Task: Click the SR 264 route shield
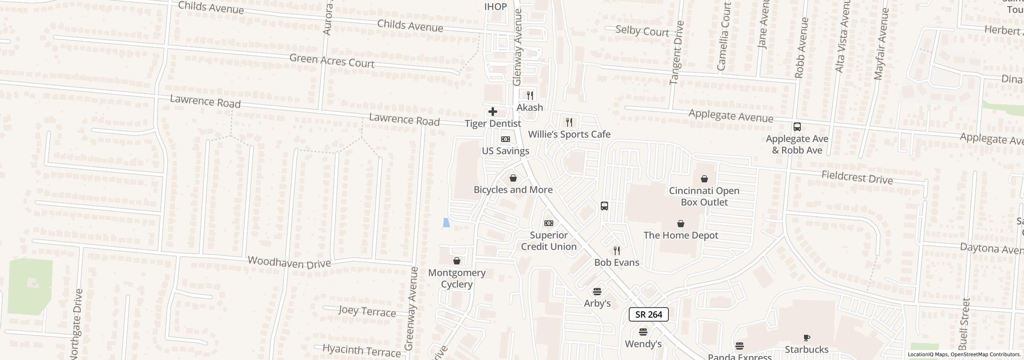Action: tap(648, 314)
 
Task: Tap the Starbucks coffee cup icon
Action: tap(807, 338)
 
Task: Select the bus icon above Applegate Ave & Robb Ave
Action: tap(797, 127)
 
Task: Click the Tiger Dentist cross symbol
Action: tap(492, 112)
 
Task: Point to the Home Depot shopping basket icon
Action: tap(680, 224)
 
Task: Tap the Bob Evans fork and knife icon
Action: tap(617, 251)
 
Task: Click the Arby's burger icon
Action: tap(597, 291)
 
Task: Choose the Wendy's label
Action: tap(643, 344)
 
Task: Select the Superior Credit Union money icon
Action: tap(549, 223)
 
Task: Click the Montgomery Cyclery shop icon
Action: tap(456, 261)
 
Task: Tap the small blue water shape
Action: tap(446, 222)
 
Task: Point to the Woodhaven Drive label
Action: tap(289, 262)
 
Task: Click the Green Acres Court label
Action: tap(332, 61)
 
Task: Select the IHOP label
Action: tap(495, 7)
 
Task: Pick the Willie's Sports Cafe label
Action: tap(569, 134)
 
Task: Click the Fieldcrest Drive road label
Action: tap(857, 177)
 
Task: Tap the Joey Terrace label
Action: tap(367, 311)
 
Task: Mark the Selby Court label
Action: tap(642, 31)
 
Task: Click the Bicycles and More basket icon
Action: tap(513, 178)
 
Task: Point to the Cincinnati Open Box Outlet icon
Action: tap(704, 179)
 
